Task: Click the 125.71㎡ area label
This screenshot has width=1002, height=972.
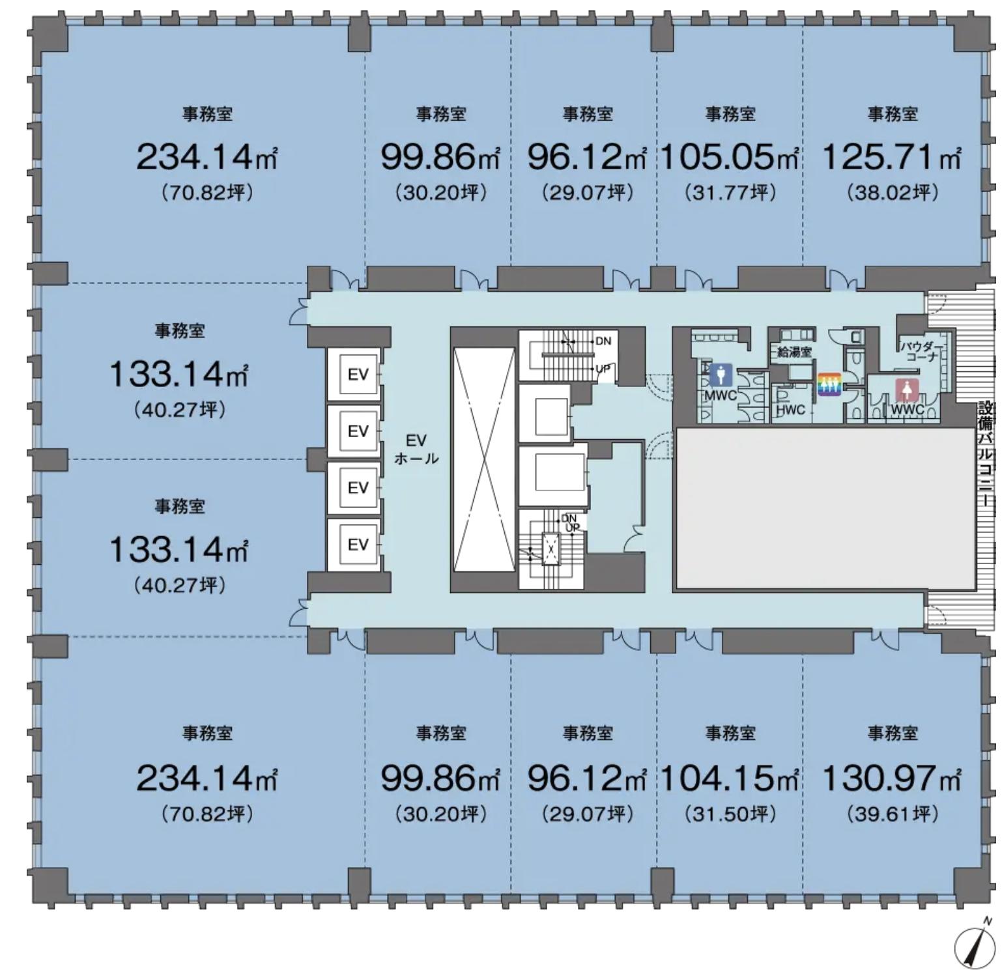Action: tap(891, 157)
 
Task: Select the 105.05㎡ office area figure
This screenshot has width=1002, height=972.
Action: tap(730, 157)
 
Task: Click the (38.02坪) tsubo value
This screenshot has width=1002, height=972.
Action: tap(893, 192)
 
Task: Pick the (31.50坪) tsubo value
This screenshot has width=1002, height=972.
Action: tap(730, 814)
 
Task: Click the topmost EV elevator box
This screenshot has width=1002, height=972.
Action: tap(358, 374)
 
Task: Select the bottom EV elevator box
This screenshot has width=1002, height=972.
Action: tap(358, 544)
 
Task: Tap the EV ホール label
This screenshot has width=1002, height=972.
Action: tap(416, 450)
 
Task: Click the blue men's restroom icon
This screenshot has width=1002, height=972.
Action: tap(720, 375)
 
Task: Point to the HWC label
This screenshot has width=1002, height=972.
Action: tap(790, 410)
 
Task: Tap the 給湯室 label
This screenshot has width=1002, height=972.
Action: tap(794, 352)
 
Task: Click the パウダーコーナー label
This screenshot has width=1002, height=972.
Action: tap(921, 352)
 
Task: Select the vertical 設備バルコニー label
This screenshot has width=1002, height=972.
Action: tap(986, 455)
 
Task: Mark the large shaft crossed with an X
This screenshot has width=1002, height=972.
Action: tap(484, 459)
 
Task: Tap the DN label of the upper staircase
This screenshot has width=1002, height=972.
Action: tap(603, 341)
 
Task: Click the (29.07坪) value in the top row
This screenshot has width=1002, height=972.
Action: tap(588, 192)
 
